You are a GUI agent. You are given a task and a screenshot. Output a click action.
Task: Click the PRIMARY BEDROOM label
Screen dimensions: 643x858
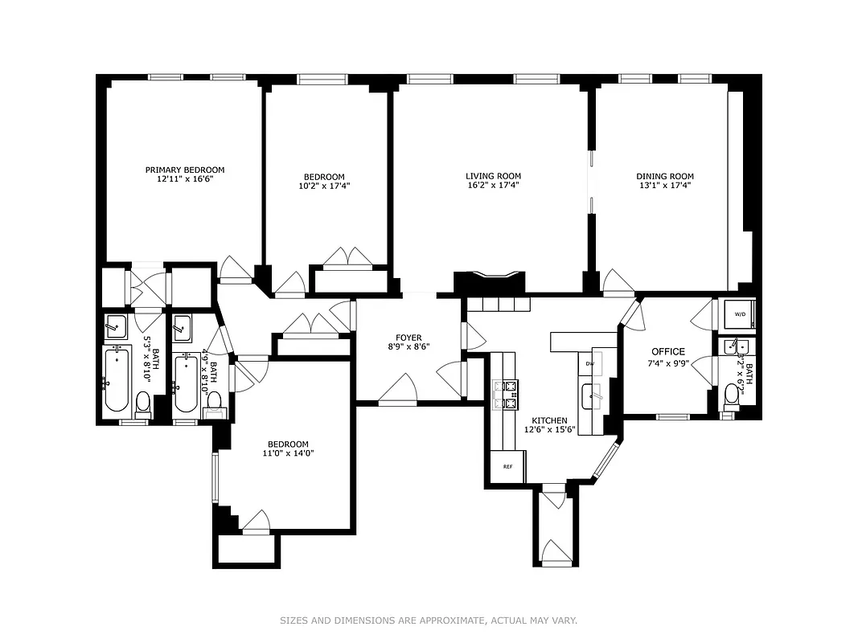click(x=185, y=170)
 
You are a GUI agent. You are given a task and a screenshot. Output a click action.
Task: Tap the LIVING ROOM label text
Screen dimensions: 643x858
click(x=493, y=176)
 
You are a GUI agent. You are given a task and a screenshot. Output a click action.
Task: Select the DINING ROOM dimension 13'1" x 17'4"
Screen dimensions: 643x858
click(x=664, y=186)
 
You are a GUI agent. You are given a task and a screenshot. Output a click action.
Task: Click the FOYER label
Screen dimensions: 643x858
click(x=408, y=338)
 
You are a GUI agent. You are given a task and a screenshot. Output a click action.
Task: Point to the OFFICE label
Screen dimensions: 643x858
click(x=667, y=351)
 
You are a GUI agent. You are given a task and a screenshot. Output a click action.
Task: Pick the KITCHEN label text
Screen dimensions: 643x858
click(x=549, y=420)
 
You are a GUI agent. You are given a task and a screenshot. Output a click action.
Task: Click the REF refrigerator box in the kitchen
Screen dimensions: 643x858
click(x=507, y=466)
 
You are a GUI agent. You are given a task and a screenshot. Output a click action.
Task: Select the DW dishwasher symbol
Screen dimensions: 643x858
click(x=589, y=364)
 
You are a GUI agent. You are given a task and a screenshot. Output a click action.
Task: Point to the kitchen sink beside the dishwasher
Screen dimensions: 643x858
click(x=594, y=395)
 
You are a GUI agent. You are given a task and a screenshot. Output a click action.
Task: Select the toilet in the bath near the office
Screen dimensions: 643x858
click(x=733, y=395)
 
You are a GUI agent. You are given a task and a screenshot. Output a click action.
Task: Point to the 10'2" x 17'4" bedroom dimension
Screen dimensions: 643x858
click(x=324, y=186)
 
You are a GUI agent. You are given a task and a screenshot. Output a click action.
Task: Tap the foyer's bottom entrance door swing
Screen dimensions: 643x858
click(x=398, y=391)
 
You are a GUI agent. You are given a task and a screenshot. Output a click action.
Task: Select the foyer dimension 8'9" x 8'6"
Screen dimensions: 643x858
click(x=408, y=348)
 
